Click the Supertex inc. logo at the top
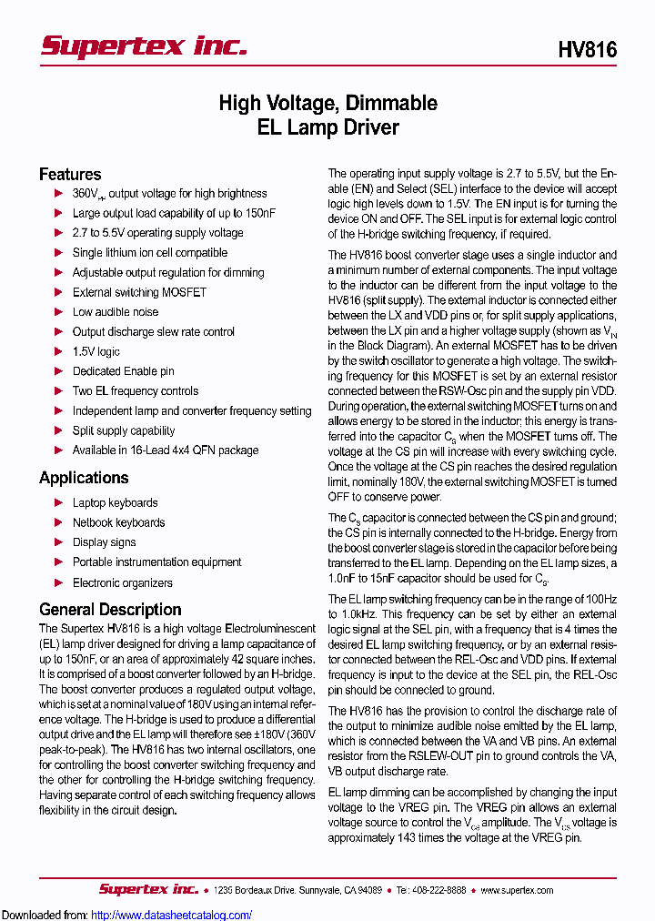pos(144,46)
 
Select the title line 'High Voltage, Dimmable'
pos(327,103)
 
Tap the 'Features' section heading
pos(70,174)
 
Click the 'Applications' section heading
pos(84,478)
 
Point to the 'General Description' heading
pos(110,609)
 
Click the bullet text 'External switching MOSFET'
pos(139,292)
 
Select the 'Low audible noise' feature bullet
pos(116,312)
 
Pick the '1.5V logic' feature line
pos(96,351)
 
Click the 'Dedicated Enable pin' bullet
pos(123,371)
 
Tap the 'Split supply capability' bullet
pos(124,430)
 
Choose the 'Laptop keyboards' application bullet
pos(115,502)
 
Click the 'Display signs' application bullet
pos(104,542)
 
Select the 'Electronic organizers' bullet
pos(122,582)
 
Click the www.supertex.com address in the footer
pos(516,890)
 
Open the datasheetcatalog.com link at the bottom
pos(172,915)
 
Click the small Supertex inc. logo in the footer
pos(148,889)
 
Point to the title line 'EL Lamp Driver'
pos(327,127)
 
